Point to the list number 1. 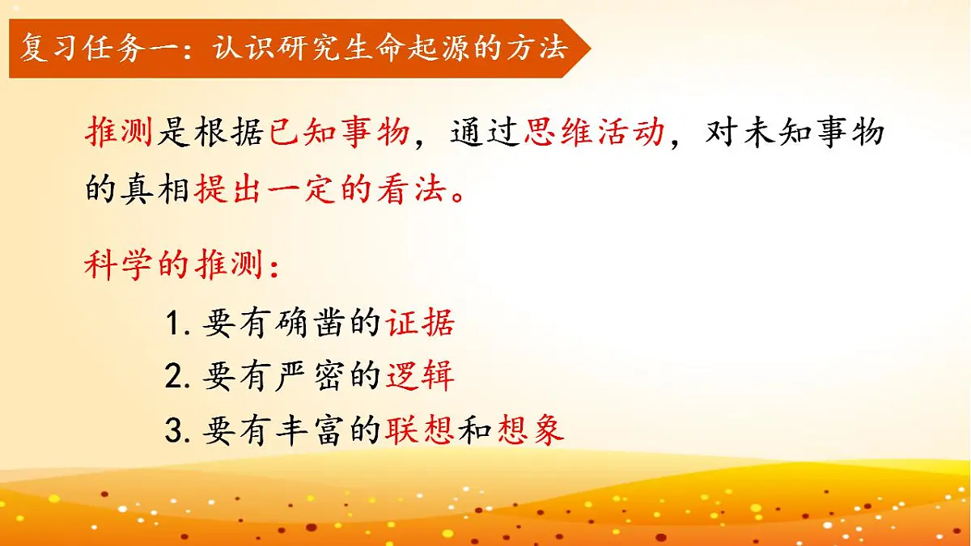pyautogui.click(x=174, y=324)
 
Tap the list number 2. pyautogui.click(x=174, y=378)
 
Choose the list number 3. pyautogui.click(x=174, y=431)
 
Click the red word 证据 pyautogui.click(x=420, y=324)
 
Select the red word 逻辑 pyautogui.click(x=420, y=377)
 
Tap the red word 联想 pyautogui.click(x=420, y=430)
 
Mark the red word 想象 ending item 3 pyautogui.click(x=531, y=430)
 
